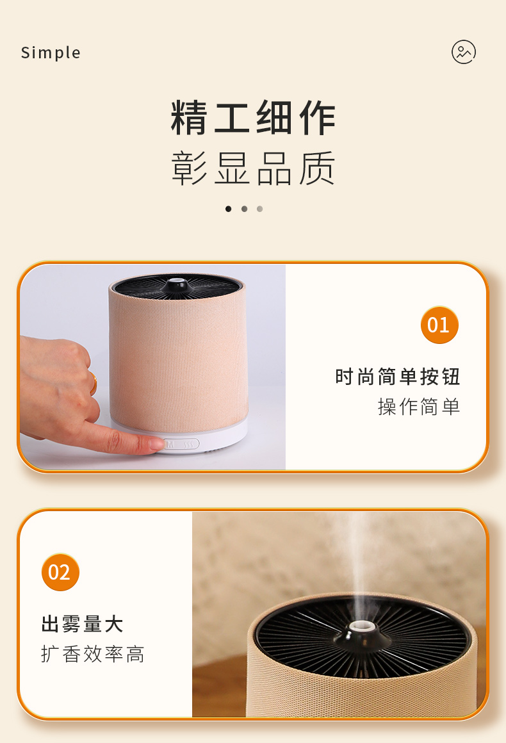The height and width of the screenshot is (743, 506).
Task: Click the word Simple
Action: point(51,53)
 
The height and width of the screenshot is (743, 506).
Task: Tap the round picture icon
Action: point(464,52)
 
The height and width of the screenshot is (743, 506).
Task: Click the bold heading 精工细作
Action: point(253,118)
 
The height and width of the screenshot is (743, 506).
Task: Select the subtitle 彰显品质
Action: point(253,168)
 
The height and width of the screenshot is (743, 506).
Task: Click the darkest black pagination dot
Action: point(228,209)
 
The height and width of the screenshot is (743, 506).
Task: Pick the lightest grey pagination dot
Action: point(259,209)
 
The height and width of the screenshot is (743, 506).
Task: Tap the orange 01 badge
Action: point(439,325)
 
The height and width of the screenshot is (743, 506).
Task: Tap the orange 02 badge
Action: point(60,572)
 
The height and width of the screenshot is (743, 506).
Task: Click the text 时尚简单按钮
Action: point(398,377)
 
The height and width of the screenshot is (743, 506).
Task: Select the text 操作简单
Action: point(419,407)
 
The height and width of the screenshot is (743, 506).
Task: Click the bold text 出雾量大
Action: point(83,624)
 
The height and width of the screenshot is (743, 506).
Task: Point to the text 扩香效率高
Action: point(93,654)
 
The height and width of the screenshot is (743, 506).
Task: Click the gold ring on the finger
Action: point(94,384)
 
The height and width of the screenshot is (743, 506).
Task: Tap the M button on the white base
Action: point(171,444)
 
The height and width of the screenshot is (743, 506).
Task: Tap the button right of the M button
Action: point(188,444)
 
